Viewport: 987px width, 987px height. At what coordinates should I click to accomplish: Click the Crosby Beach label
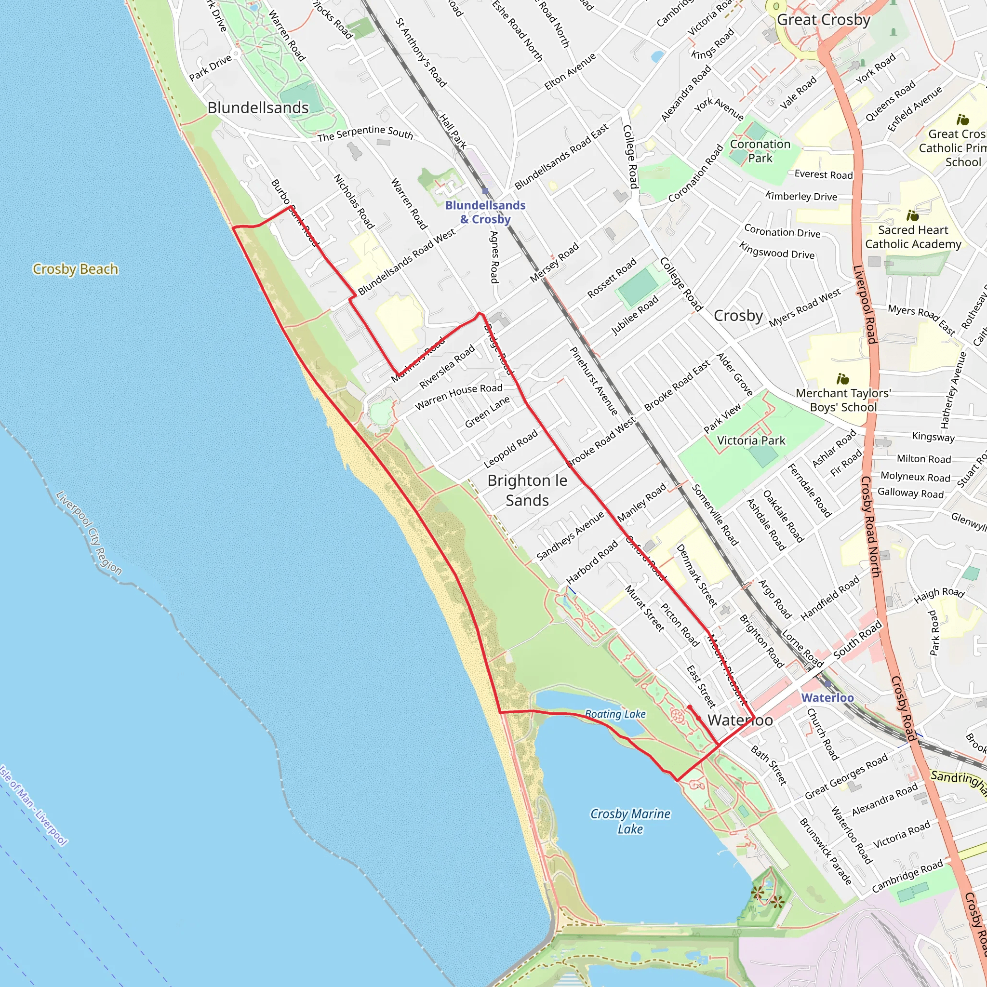click(75, 269)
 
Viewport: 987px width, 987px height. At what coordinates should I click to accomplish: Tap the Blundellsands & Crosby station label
click(485, 212)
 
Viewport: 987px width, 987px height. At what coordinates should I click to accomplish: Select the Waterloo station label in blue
click(827, 697)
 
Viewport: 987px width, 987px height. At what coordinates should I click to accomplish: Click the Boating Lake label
click(615, 714)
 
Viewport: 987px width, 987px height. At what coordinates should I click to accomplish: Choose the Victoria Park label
click(751, 440)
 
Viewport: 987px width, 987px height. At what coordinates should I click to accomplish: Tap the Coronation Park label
click(760, 151)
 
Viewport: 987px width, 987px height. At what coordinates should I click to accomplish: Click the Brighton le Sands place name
click(527, 490)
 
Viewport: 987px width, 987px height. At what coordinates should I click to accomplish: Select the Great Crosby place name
click(823, 20)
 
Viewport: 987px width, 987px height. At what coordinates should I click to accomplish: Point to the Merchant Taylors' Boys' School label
click(843, 400)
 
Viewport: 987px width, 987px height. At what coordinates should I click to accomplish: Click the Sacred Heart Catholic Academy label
click(913, 237)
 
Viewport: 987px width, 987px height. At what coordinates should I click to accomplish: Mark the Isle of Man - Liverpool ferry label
click(33, 805)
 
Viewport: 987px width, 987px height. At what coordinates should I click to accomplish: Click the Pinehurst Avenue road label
click(594, 381)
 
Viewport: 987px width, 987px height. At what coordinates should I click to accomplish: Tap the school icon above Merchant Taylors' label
click(842, 378)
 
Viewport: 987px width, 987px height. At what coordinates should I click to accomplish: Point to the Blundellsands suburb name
click(258, 108)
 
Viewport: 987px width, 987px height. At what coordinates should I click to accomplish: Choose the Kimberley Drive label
click(801, 196)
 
